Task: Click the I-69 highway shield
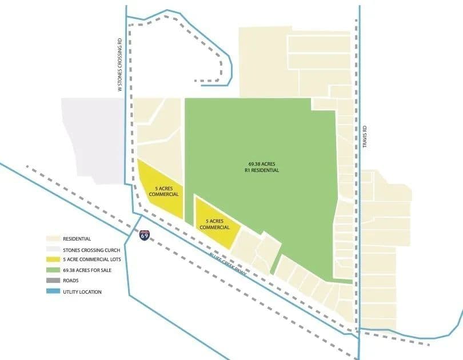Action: click(145, 234)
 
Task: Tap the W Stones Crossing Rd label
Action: click(119, 65)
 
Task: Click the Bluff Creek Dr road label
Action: click(227, 263)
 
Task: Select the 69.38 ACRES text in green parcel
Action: click(260, 163)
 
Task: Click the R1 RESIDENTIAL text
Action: click(260, 170)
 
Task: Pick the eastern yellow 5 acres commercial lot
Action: click(214, 223)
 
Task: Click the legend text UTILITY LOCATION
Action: click(83, 291)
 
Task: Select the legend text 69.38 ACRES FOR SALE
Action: click(87, 270)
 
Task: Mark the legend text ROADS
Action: click(71, 281)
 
